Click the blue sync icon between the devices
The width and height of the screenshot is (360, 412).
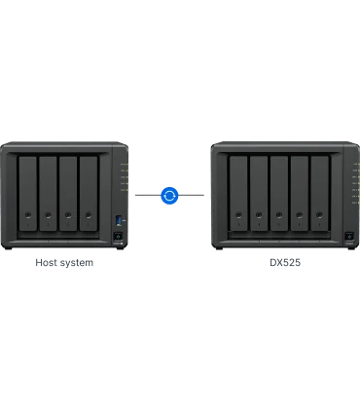171,196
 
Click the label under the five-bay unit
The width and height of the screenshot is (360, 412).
286,261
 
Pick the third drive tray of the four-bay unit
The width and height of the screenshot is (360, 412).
68,195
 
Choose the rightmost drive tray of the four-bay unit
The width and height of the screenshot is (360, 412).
90,195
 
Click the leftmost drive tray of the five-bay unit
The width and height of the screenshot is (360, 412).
236,195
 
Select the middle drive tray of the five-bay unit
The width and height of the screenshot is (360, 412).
279,195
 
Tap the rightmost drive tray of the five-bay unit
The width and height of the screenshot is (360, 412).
321,195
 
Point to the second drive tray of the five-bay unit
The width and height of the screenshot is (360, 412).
258,195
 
